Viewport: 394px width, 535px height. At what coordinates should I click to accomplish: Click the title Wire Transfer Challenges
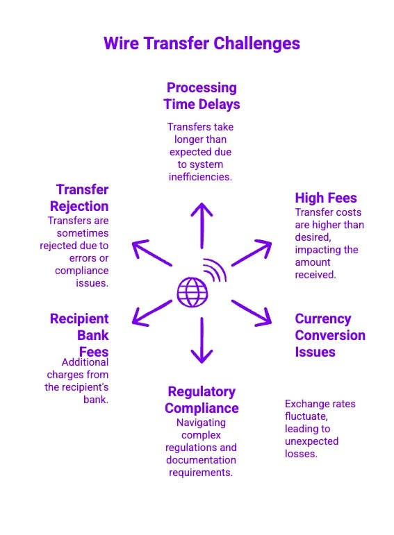tap(202, 43)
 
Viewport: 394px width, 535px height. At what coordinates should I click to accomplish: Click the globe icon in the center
tap(192, 291)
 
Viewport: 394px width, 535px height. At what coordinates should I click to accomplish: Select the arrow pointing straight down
tap(202, 340)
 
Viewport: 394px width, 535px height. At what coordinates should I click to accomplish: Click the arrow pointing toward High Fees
tap(252, 253)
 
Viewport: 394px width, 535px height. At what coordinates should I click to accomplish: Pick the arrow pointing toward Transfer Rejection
tap(151, 253)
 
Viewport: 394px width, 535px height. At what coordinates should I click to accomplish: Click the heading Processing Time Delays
tap(202, 96)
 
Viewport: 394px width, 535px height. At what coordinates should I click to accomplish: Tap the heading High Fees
tap(325, 198)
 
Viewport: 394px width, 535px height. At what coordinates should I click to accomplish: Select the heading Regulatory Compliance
tap(202, 400)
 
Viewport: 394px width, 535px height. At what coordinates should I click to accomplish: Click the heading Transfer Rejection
tap(79, 198)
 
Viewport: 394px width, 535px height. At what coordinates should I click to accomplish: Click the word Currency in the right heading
tap(322, 319)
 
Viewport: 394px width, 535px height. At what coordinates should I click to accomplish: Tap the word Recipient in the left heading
tap(79, 319)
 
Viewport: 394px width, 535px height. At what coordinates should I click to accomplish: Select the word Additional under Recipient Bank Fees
tap(85, 362)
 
